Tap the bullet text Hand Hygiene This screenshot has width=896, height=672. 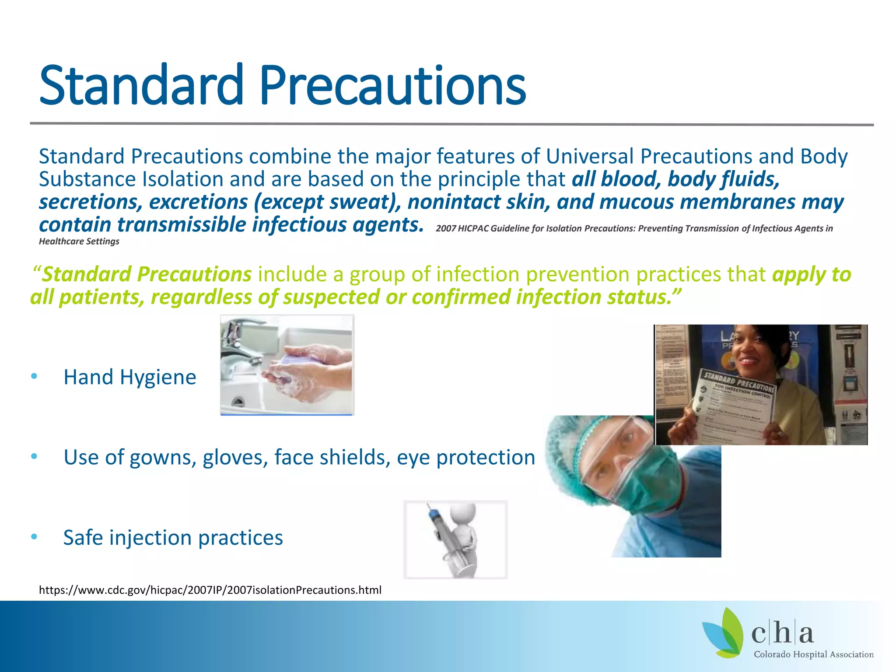pos(129,377)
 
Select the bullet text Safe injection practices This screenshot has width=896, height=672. pos(173,538)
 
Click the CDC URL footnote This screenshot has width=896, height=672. pos(210,590)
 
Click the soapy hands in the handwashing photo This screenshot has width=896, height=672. pos(306,372)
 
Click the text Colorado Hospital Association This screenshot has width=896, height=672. pos(813,654)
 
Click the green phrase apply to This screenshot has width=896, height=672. pos(812,275)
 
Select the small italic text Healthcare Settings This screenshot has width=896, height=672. pos(79,241)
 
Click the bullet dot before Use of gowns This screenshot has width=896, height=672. pos(34,457)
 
